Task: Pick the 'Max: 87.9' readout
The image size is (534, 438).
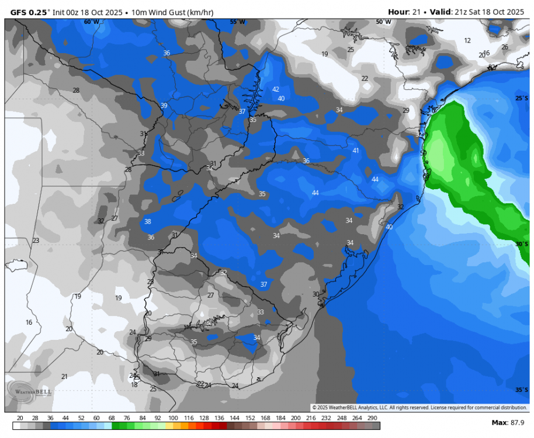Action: click(x=508, y=422)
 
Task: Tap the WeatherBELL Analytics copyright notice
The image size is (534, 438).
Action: click(x=419, y=408)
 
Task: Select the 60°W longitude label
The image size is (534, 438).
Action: click(x=91, y=22)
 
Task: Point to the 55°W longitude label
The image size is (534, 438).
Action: click(x=237, y=22)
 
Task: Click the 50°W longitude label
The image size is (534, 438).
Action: click(x=383, y=22)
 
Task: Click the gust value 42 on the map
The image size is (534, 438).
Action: click(x=276, y=89)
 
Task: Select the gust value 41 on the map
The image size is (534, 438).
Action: click(x=356, y=151)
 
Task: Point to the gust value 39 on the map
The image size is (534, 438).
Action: click(x=164, y=106)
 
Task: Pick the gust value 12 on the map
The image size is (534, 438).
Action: click(x=467, y=40)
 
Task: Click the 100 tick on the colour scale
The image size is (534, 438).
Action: click(x=173, y=418)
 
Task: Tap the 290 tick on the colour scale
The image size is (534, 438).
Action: click(x=372, y=418)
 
